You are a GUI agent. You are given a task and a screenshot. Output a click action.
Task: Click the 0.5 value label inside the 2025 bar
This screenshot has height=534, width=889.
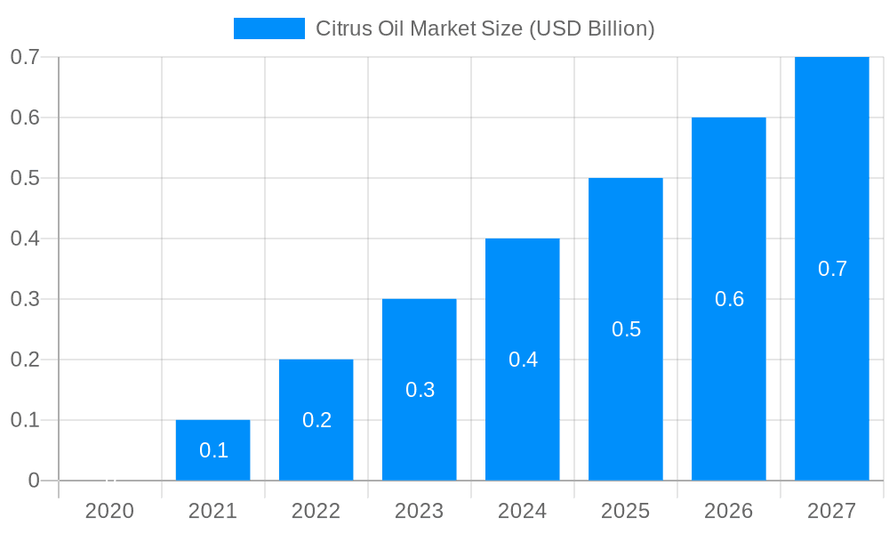(x=626, y=329)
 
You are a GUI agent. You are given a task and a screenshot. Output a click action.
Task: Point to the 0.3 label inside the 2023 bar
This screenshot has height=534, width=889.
(x=420, y=390)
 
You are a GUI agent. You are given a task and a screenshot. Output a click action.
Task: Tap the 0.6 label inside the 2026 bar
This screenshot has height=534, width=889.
(x=729, y=299)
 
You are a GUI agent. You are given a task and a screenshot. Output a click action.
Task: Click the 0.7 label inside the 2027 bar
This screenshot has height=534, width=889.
(x=832, y=269)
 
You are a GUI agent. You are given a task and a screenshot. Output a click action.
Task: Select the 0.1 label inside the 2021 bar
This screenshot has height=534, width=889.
(x=213, y=450)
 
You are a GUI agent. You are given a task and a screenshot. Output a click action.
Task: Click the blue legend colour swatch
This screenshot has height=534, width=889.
(x=268, y=28)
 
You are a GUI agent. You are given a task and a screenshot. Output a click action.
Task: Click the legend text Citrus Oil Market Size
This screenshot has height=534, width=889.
(x=485, y=28)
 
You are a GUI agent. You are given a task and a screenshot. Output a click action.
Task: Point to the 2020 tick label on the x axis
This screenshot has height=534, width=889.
(x=109, y=511)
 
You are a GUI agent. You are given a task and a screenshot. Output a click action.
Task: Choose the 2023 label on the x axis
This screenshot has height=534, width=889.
(x=419, y=511)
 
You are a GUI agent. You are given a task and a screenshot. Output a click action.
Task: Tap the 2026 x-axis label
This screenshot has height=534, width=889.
(x=728, y=511)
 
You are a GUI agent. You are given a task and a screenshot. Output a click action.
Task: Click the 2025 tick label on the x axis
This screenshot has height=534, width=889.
(x=625, y=511)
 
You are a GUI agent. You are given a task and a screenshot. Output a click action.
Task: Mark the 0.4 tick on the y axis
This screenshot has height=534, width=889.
(x=25, y=239)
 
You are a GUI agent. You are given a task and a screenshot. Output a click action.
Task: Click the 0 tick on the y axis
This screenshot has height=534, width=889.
(x=34, y=481)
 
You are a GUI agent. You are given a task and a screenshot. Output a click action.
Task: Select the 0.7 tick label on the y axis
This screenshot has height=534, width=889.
(x=25, y=57)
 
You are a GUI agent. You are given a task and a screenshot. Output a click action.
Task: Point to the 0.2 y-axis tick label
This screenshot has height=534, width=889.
(x=25, y=360)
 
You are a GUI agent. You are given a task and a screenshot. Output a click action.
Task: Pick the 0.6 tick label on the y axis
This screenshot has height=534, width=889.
(x=25, y=117)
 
